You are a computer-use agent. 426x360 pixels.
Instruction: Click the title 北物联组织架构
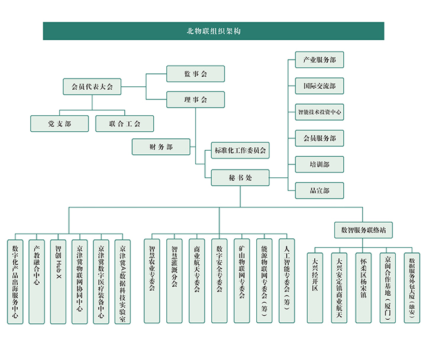click(x=214, y=31)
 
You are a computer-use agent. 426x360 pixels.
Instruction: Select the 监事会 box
click(x=196, y=73)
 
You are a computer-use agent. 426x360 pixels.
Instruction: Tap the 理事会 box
click(x=196, y=100)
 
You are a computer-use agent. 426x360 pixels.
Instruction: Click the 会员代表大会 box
click(x=92, y=87)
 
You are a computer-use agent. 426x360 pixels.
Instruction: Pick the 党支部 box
click(x=60, y=124)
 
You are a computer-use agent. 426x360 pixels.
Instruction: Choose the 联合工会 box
click(x=125, y=124)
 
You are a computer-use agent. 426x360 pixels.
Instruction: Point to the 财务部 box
click(x=161, y=147)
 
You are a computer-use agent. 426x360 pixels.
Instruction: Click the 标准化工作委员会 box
click(x=240, y=150)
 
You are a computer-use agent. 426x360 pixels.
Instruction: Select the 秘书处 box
click(x=240, y=178)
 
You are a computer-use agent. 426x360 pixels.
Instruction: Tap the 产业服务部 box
click(x=319, y=60)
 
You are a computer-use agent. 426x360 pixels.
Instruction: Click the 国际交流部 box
click(x=319, y=86)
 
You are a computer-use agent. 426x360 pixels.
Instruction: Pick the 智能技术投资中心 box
click(x=319, y=112)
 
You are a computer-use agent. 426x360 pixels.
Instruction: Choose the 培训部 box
click(x=319, y=164)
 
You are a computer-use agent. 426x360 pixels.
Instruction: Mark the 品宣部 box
click(x=319, y=190)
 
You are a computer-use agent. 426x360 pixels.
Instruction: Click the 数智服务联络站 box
click(x=363, y=230)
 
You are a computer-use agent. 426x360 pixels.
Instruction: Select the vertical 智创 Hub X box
click(x=58, y=282)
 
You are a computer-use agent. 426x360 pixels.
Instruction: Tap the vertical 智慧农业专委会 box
click(x=152, y=281)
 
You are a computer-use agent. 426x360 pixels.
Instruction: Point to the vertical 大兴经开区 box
click(x=315, y=288)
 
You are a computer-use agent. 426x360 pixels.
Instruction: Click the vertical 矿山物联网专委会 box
click(x=242, y=281)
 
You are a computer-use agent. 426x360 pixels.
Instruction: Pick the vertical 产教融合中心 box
click(x=37, y=282)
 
